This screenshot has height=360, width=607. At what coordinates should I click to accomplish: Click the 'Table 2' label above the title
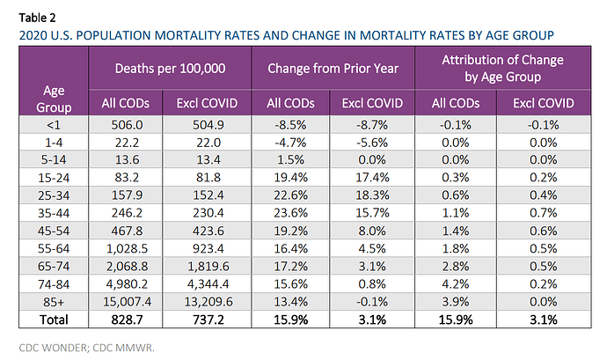pyautogui.click(x=38, y=18)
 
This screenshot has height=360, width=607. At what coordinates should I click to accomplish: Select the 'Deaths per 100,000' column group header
pyautogui.click(x=170, y=69)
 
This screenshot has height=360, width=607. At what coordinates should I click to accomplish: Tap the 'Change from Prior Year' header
pyautogui.click(x=333, y=69)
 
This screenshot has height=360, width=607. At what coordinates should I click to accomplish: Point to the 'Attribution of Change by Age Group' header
pyautogui.click(x=503, y=68)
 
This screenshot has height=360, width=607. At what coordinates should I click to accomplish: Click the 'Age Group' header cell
pyautogui.click(x=54, y=99)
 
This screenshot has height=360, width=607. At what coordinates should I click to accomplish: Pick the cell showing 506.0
pyautogui.click(x=127, y=125)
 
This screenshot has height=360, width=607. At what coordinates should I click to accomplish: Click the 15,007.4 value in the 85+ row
pyautogui.click(x=127, y=302)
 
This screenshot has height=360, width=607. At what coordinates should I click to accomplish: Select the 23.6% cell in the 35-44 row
pyautogui.click(x=290, y=213)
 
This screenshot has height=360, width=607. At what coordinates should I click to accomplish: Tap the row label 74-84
pyautogui.click(x=54, y=284)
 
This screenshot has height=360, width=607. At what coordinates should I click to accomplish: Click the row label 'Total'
pyautogui.click(x=54, y=320)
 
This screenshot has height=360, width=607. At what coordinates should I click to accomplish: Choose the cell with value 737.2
pyautogui.click(x=208, y=320)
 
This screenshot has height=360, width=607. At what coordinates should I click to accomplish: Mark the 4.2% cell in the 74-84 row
pyautogui.click(x=456, y=284)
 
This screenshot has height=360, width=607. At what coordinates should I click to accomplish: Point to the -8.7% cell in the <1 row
pyautogui.click(x=372, y=125)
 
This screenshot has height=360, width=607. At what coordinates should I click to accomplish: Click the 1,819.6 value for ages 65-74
pyautogui.click(x=208, y=266)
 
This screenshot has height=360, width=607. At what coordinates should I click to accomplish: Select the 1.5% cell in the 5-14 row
pyautogui.click(x=290, y=159)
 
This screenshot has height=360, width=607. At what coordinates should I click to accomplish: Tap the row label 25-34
pyautogui.click(x=54, y=195)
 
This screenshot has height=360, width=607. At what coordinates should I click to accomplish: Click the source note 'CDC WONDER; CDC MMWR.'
pyautogui.click(x=87, y=348)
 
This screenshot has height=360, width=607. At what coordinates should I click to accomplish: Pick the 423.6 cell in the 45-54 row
pyautogui.click(x=208, y=231)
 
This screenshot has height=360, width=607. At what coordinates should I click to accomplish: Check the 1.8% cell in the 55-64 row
pyautogui.click(x=456, y=248)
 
